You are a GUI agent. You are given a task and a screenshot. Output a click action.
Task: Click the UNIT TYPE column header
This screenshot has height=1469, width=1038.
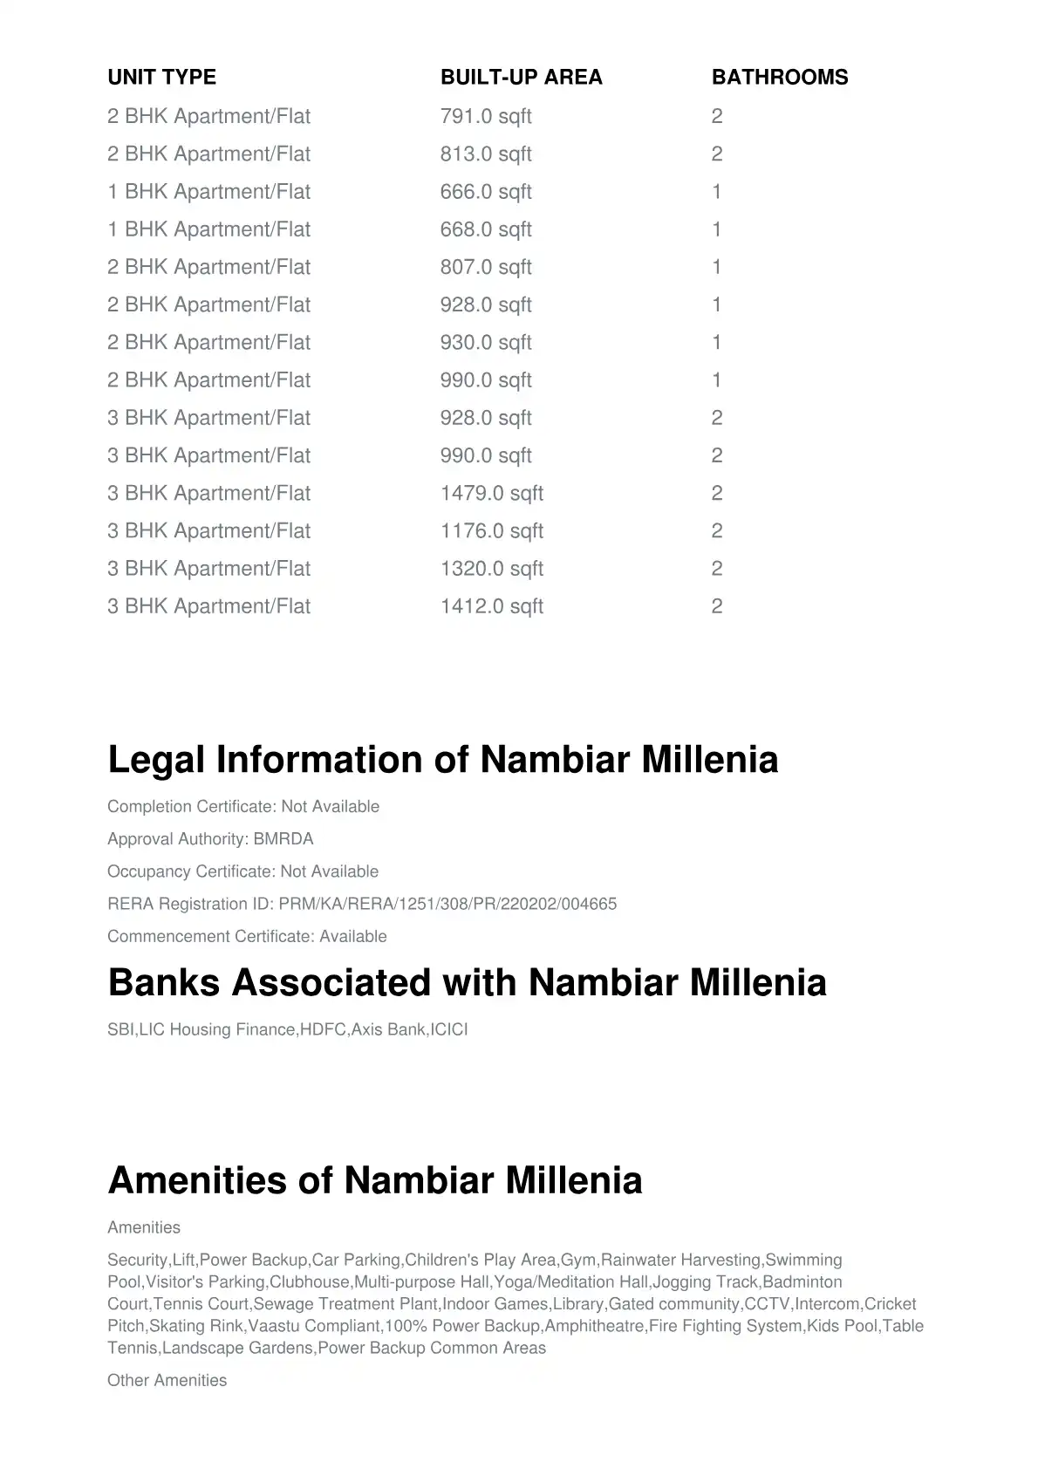tap(161, 78)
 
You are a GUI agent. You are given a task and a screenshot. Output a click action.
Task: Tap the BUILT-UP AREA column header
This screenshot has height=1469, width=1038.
tap(521, 78)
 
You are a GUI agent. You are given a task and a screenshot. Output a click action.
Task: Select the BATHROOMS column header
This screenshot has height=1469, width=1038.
tap(779, 78)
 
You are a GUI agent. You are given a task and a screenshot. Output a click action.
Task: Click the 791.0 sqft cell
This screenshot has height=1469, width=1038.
tap(485, 117)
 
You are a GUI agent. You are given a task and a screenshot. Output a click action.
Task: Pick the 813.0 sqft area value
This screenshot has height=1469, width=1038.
tap(485, 154)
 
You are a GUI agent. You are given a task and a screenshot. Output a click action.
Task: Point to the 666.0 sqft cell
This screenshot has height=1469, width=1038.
tap(485, 192)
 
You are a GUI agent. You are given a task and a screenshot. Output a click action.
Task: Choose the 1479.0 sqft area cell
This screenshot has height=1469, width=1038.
tap(491, 494)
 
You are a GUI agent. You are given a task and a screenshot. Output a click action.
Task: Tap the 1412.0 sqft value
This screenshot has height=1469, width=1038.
tap(491, 606)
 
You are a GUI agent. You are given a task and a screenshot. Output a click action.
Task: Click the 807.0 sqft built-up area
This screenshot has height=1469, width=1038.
tap(485, 267)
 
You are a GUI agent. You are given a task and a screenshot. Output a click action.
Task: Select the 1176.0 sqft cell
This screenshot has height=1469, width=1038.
tap(491, 531)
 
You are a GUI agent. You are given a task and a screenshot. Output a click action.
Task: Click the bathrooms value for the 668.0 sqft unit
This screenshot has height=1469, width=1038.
tap(717, 229)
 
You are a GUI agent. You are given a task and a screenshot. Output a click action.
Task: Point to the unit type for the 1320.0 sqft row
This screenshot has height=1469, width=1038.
tap(208, 569)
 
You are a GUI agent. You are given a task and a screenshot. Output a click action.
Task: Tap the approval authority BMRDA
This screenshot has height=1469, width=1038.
tap(283, 839)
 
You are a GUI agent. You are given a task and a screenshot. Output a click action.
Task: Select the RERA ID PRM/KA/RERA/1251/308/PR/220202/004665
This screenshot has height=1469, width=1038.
tap(447, 904)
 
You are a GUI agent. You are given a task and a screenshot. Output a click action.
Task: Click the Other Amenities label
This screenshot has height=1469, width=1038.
tap(167, 1380)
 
